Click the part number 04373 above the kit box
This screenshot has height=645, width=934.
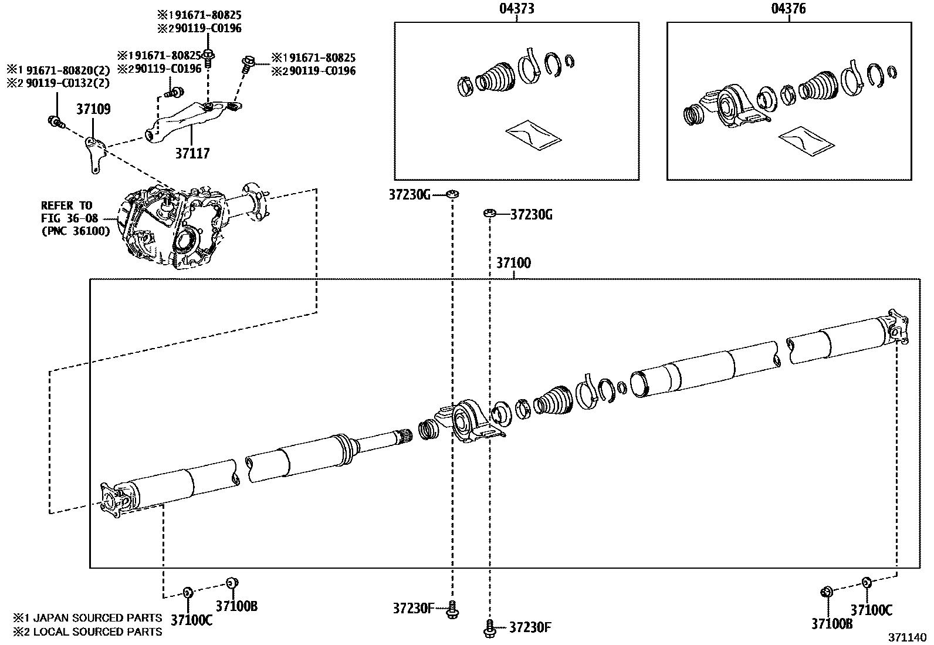pos(517,8)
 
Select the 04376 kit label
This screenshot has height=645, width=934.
pos(789,8)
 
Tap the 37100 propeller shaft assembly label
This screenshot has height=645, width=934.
pos(513,262)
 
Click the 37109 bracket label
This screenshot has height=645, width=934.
pos(93,109)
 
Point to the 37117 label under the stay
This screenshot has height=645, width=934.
pos(192,153)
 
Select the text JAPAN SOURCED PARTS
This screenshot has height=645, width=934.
pos(97,617)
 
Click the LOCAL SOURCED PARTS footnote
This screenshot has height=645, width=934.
pos(97,632)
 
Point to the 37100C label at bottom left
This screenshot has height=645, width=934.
pos(192,620)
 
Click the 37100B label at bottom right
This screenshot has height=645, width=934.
pos(831,624)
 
